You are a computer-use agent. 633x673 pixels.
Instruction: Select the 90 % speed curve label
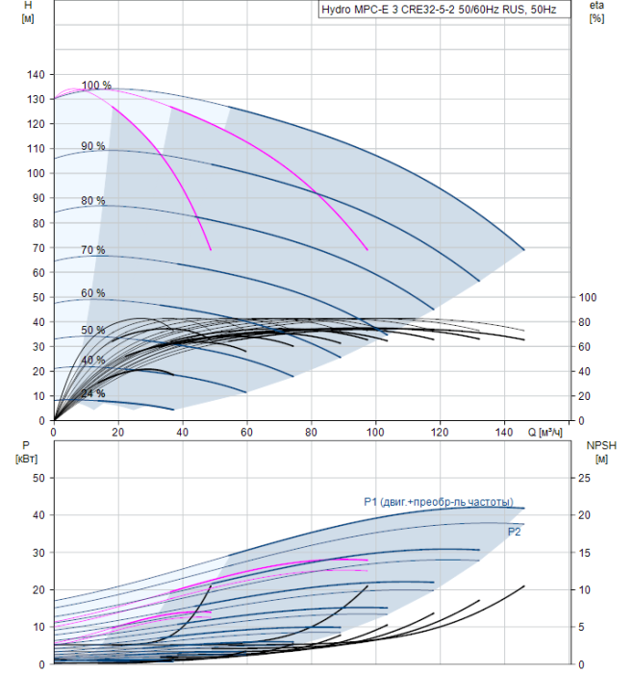[93, 146]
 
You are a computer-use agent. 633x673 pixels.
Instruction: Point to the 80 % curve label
[93, 201]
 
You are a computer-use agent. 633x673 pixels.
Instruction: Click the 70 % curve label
[93, 250]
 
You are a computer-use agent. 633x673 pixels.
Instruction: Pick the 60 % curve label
[93, 293]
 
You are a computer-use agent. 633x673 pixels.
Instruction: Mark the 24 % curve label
[93, 393]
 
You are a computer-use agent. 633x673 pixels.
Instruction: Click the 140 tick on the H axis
[37, 74]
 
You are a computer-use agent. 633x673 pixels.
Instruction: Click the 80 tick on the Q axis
[311, 433]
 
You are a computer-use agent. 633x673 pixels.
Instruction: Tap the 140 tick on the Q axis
[504, 433]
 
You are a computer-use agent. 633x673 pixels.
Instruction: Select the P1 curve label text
[438, 501]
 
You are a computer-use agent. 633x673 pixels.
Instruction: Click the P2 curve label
[514, 531]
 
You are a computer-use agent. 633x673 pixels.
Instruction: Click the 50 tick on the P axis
[39, 478]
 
